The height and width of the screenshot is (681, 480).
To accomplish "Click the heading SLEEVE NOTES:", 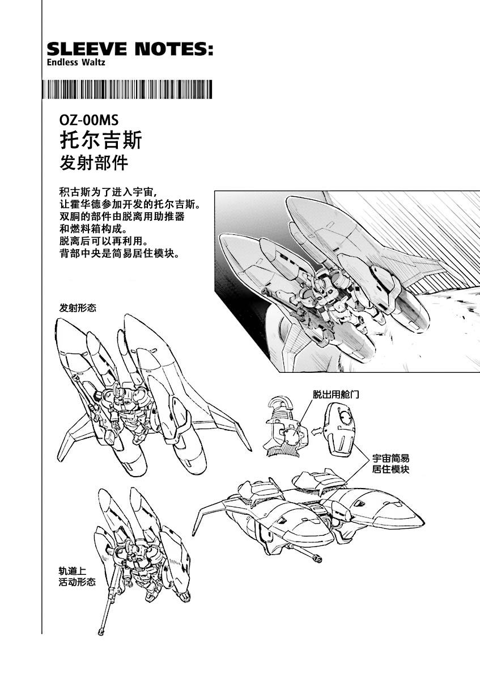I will pyautogui.click(x=130, y=49).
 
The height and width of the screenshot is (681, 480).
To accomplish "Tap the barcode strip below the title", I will pyautogui.click(x=128, y=90).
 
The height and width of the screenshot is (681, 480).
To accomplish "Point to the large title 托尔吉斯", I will pyautogui.click(x=101, y=140).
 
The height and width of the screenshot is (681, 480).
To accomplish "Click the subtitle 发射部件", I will pyautogui.click(x=94, y=163).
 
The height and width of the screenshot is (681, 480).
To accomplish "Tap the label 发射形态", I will pyautogui.click(x=77, y=308).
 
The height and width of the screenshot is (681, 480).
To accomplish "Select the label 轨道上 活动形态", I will pyautogui.click(x=77, y=577).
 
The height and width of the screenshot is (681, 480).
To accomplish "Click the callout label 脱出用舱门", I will pyautogui.click(x=336, y=394).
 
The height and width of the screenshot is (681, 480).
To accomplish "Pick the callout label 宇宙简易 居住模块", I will pyautogui.click(x=390, y=464).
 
